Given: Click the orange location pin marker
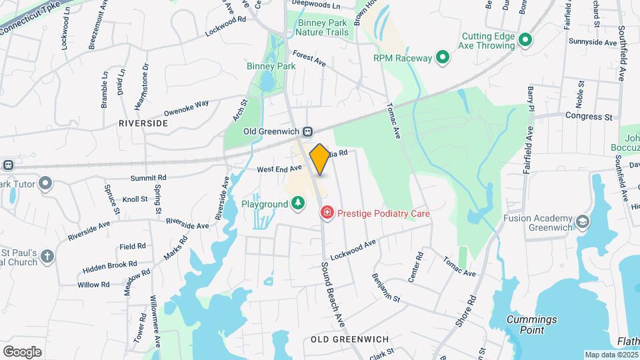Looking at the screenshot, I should coord(319,159).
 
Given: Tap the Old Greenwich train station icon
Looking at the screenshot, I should coord(309,131).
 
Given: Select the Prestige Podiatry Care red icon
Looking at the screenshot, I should coord(327,213).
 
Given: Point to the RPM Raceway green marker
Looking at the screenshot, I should coord(441,58).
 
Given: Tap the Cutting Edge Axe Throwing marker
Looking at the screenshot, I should coord(525,40).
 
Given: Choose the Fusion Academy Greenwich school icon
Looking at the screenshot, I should coord(583,221).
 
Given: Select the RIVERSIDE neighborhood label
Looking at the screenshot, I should coord(143,123).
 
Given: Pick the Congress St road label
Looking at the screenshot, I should coord(589,117).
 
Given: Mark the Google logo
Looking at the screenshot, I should coord(22,351).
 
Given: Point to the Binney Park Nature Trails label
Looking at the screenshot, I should coord(321,28).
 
